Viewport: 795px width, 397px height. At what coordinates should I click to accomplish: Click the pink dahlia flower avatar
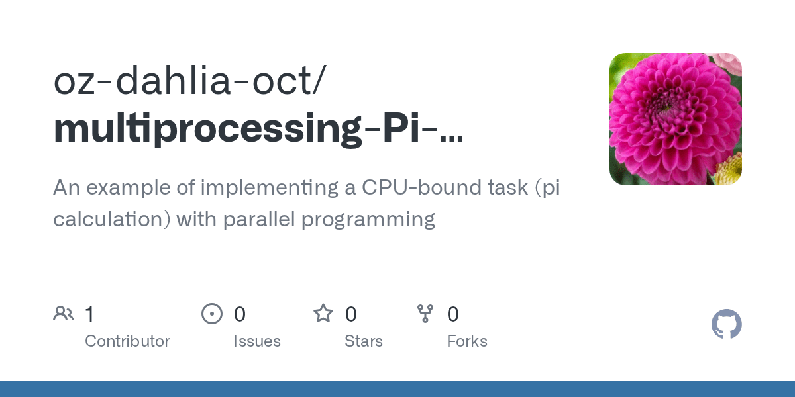pyautogui.click(x=675, y=119)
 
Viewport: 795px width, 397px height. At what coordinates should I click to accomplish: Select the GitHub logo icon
pyautogui.click(x=726, y=325)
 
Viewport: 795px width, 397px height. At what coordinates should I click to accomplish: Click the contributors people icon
pyautogui.click(x=64, y=314)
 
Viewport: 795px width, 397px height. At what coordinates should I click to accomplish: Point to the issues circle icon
pyautogui.click(x=212, y=314)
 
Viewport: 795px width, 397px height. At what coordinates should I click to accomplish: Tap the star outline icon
pyautogui.click(x=323, y=314)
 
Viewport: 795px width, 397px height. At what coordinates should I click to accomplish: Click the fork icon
pyautogui.click(x=425, y=314)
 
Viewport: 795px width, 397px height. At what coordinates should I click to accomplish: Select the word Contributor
pyautogui.click(x=127, y=341)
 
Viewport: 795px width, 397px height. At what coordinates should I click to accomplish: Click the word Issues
pyautogui.click(x=257, y=341)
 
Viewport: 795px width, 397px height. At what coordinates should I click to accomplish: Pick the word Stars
pyautogui.click(x=364, y=341)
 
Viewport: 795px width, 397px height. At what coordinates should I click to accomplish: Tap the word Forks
pyautogui.click(x=467, y=341)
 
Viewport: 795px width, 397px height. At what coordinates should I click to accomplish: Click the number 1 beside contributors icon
pyautogui.click(x=89, y=314)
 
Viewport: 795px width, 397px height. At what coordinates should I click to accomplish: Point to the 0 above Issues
pyautogui.click(x=240, y=314)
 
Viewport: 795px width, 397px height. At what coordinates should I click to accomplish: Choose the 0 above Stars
pyautogui.click(x=351, y=314)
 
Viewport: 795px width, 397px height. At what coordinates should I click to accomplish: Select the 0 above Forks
pyautogui.click(x=453, y=314)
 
